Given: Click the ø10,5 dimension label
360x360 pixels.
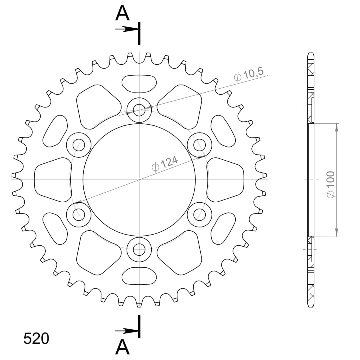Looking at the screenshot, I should point(249,75).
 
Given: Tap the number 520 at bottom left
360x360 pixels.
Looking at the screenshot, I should point(36,339).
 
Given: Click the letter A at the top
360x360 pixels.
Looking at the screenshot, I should point(122,13).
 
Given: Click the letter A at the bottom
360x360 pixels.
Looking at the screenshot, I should point(122,347).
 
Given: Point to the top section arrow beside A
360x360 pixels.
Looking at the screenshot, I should point(126,29).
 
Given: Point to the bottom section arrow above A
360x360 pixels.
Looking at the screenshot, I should point(126,331).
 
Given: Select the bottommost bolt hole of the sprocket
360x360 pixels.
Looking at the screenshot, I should point(139,249).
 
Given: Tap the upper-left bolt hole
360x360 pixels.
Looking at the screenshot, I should point(79,145).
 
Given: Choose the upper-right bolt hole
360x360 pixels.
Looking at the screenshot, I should point(199,145).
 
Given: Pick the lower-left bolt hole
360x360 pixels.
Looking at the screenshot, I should point(79,214).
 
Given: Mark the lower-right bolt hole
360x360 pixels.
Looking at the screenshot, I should point(199,214).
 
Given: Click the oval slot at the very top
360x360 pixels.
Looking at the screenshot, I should point(139,83).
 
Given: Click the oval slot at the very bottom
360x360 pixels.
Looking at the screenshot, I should point(139,276).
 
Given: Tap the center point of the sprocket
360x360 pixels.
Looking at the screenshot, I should point(139,180).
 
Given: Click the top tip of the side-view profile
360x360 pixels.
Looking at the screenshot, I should point(311,53).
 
